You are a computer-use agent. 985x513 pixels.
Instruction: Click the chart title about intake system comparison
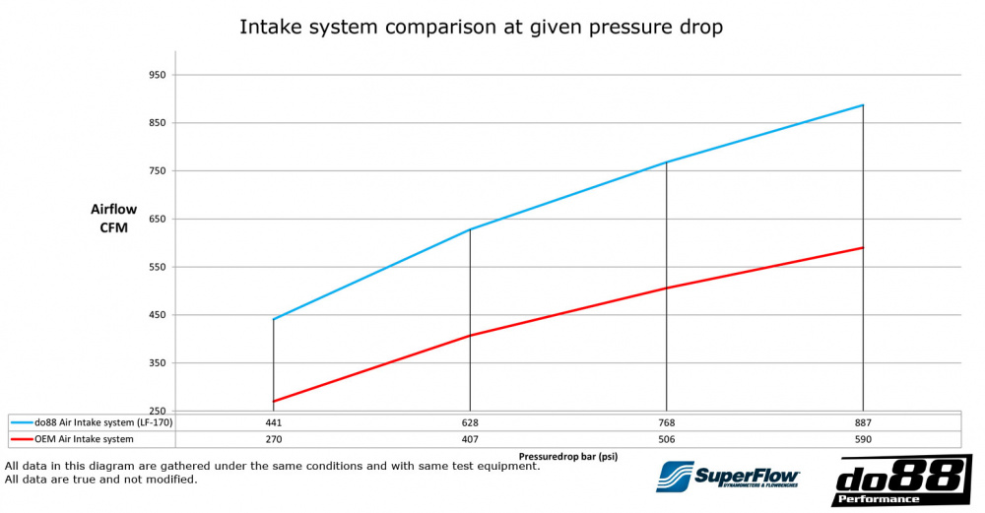tap(481, 27)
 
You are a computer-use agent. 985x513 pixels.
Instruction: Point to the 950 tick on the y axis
tap(156, 75)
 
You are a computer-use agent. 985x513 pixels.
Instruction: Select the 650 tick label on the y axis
tap(156, 219)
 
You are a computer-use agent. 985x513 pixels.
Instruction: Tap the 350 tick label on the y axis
tap(156, 363)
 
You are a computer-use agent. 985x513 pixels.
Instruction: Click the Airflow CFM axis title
tap(114, 219)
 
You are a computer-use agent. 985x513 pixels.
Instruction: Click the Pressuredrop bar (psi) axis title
tap(567, 457)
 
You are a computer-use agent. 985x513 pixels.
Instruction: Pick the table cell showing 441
tap(273, 421)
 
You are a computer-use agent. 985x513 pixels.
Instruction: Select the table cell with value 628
tap(470, 421)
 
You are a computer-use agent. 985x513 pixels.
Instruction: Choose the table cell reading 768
tap(667, 421)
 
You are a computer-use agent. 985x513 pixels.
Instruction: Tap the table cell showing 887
tap(863, 421)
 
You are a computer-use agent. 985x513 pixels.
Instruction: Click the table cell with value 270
tap(273, 439)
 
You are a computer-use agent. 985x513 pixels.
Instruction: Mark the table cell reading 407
tap(470, 439)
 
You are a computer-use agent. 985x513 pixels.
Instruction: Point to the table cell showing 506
tap(667, 439)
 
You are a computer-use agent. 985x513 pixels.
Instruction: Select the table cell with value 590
tap(863, 439)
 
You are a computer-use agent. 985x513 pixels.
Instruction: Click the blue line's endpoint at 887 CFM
tap(863, 105)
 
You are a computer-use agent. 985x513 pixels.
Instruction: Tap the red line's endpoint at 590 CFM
tap(863, 248)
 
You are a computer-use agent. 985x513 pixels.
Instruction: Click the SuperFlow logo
tap(728, 477)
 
